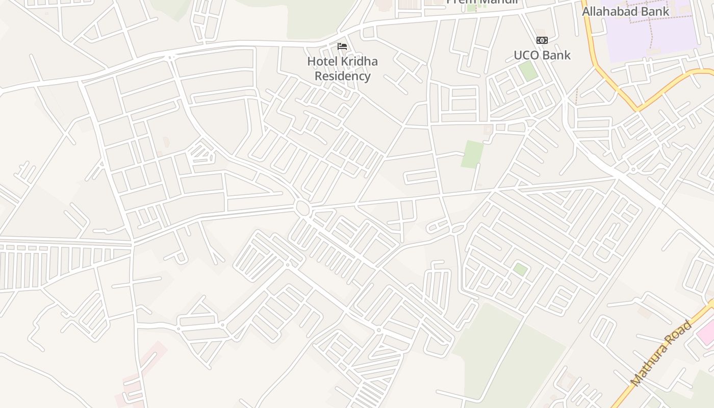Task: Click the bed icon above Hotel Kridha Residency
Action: (x=342, y=46)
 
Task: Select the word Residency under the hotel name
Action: (x=342, y=76)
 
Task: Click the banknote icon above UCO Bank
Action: (x=542, y=40)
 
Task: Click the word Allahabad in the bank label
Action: (x=610, y=11)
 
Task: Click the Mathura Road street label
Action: (x=661, y=353)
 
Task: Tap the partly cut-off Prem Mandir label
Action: (x=482, y=2)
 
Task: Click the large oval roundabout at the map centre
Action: (x=302, y=208)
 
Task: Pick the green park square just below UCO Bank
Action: (x=528, y=70)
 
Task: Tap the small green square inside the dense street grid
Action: (x=520, y=269)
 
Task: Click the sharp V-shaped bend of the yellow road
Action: (x=637, y=109)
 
